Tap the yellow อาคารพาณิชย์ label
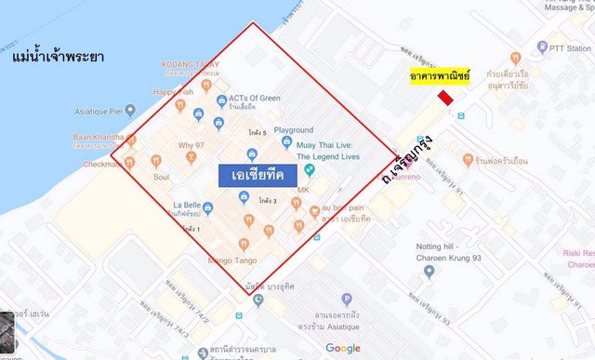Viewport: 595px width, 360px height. [441, 75]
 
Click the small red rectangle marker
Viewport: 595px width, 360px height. [447, 98]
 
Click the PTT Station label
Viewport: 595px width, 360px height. [570, 47]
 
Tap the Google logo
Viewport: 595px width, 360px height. [343, 348]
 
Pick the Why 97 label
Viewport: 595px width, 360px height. [192, 146]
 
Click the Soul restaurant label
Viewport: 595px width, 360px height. [161, 176]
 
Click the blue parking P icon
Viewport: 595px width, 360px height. [347, 300]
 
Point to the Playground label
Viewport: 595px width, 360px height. [293, 130]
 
